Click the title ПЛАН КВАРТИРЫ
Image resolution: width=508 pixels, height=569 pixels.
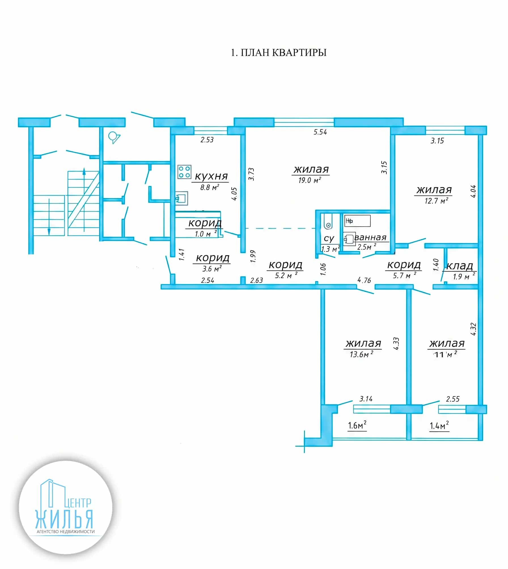tap(283, 53)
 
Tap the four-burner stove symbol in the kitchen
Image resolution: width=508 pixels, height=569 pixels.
tap(184, 172)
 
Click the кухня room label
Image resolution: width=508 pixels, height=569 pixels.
tap(211, 176)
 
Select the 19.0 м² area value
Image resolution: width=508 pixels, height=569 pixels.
tap(310, 180)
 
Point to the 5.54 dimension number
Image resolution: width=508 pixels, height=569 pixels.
tap(320, 132)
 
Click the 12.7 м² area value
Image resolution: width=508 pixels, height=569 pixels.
tap(436, 201)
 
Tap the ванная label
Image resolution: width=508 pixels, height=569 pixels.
tap(370, 237)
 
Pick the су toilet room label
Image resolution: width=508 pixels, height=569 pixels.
tap(329, 239)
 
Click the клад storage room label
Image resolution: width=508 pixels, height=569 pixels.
tap(460, 266)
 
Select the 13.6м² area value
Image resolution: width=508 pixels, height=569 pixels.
tap(361, 354)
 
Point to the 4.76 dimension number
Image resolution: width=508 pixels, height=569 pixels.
tap(364, 280)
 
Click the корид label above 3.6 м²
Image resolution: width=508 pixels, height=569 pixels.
tap(213, 258)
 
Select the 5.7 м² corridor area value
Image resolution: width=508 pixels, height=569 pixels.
tap(405, 275)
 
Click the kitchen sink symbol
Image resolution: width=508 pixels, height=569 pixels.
tap(181, 198)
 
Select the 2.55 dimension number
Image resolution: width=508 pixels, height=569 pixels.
tap(453, 399)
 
